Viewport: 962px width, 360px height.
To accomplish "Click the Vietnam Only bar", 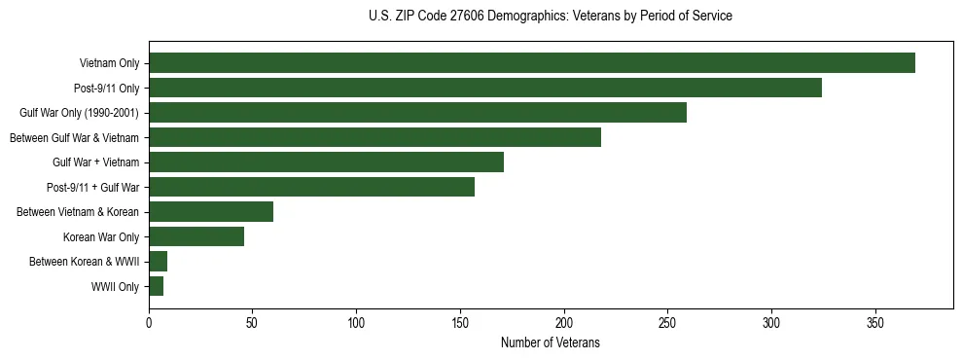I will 532,63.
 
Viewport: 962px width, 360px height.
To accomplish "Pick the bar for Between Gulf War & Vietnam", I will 374,137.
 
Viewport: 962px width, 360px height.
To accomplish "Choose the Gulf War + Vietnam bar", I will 326,162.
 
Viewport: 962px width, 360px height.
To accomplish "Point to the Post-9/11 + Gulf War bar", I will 311,187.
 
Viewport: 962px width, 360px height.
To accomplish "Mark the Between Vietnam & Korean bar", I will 211,212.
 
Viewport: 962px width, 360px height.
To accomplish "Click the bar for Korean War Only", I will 196,236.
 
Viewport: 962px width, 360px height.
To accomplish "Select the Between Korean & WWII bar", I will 158,262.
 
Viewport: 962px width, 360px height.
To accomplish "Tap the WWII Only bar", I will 156,286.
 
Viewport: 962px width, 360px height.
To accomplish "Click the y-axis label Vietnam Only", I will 109,64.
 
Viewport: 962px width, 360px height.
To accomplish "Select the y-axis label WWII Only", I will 115,287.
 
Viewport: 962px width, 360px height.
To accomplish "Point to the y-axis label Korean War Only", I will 101,237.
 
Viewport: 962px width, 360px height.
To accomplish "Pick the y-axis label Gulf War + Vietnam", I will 95,163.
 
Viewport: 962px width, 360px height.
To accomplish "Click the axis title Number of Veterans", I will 550,343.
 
